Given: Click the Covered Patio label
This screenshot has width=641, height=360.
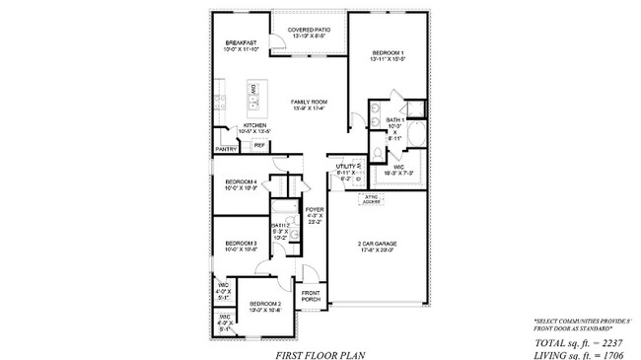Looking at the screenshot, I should (x=308, y=31).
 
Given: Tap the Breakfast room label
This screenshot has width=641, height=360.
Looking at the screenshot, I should (x=242, y=42).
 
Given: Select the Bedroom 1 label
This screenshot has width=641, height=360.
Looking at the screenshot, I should (x=388, y=51).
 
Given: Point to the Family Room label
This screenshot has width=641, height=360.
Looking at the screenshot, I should (x=308, y=102).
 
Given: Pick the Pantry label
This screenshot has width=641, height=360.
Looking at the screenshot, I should (x=226, y=149).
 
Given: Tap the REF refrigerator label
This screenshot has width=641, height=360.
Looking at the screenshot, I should (x=259, y=145).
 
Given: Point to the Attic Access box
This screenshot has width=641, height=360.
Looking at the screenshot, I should (x=373, y=198).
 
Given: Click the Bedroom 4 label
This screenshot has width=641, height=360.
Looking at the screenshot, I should (x=241, y=182).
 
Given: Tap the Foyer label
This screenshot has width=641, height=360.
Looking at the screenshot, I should (x=315, y=210).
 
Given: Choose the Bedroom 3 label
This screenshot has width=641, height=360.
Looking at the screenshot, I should (x=241, y=244).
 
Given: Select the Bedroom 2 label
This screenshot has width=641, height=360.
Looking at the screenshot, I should (x=264, y=304).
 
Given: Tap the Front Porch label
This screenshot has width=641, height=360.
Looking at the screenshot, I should (x=312, y=296).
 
